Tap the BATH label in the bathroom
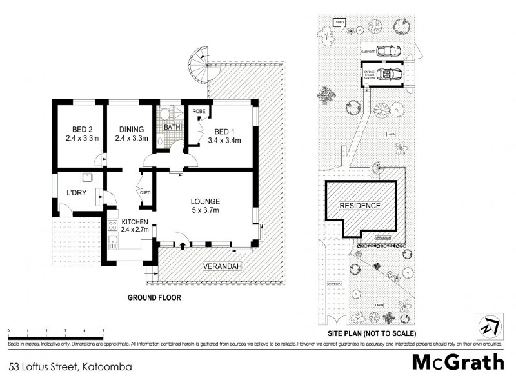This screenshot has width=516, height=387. coord(172,127)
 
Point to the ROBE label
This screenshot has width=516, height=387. coord(198,111)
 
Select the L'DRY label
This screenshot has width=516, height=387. coord(77,192)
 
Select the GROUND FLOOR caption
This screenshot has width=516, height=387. coord(154,298)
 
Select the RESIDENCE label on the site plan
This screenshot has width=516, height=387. coord(360,206)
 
